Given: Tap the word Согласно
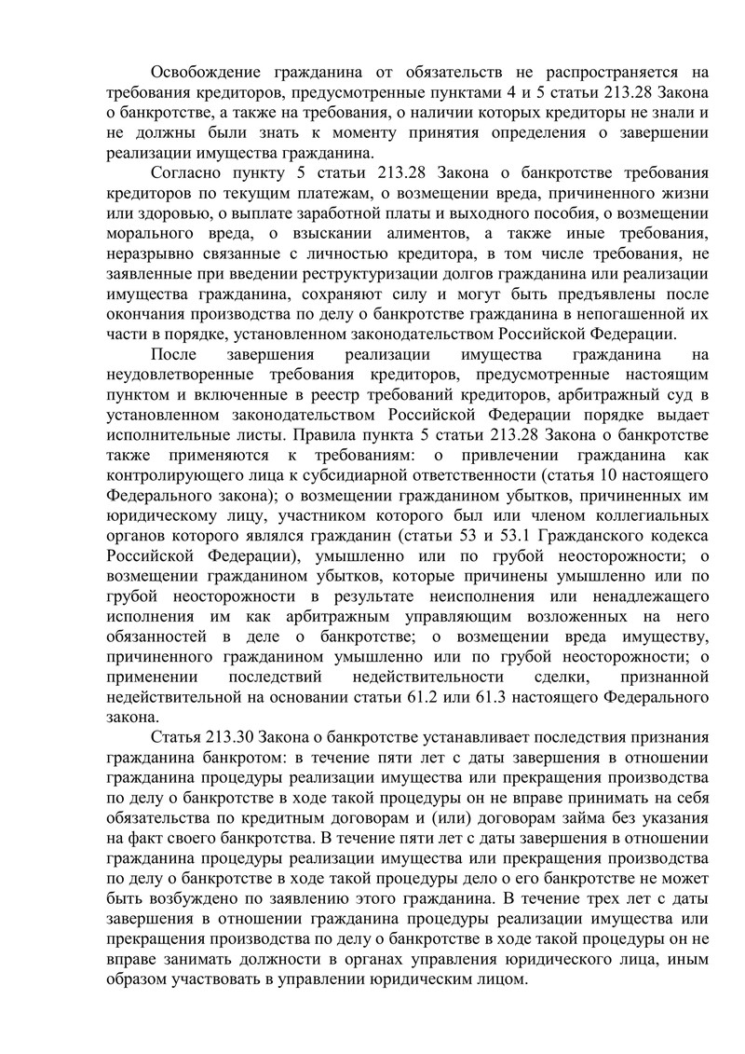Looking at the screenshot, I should point(186,174).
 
